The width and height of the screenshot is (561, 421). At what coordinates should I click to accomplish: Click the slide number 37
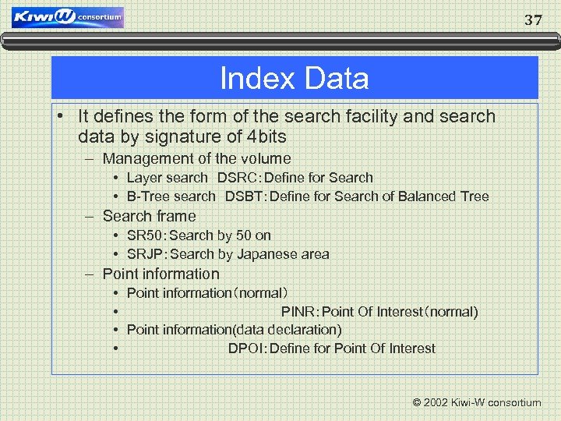533,20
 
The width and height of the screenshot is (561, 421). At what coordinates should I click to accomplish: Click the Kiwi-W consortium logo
68,17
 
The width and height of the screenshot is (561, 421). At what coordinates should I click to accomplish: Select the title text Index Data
294,79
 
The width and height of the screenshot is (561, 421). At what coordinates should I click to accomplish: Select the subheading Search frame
149,216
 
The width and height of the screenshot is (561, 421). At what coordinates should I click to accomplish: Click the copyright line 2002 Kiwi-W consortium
476,402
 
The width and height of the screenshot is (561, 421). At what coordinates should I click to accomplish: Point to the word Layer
144,178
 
